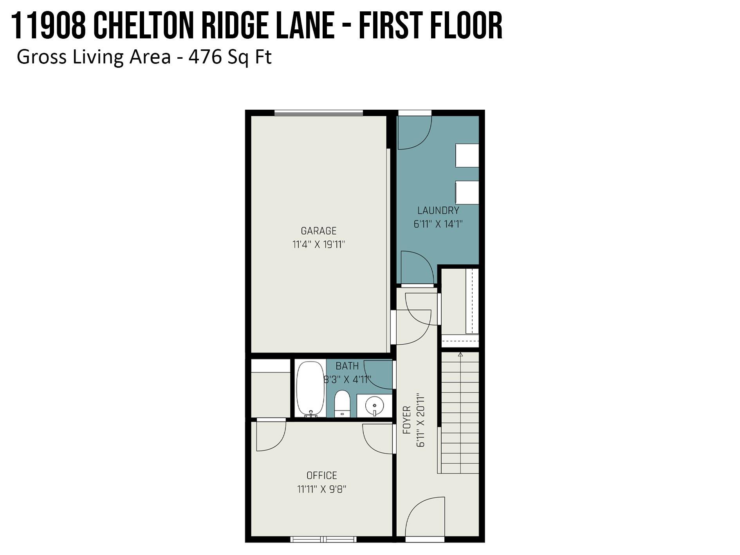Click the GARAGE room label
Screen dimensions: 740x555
318,231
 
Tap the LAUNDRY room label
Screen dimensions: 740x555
438,211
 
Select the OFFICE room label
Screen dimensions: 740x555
321,475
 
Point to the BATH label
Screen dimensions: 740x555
347,366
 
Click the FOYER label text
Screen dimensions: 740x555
407,420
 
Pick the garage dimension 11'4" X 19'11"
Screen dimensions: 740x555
318,244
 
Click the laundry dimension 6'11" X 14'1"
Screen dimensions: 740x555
438,224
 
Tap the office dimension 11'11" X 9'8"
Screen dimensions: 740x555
321,489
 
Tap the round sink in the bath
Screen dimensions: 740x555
374,405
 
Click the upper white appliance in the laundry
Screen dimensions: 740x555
467,155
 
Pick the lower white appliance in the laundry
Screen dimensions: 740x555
467,192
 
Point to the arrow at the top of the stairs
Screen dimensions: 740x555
460,354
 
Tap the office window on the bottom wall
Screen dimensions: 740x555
323,539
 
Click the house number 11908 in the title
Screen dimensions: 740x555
49,26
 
